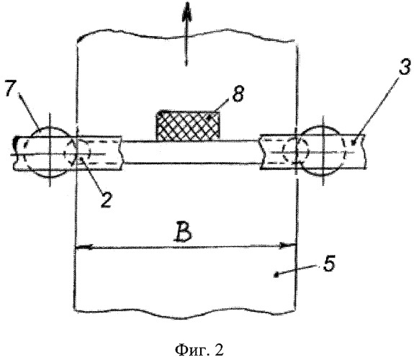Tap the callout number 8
[x=238, y=93]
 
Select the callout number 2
[x=106, y=199]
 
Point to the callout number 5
[x=329, y=263]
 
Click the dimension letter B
[x=182, y=233]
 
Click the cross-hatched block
[x=188, y=125]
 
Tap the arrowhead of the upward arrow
[x=186, y=13]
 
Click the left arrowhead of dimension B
[x=84, y=247]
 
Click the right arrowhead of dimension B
[x=287, y=246]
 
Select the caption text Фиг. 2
[x=199, y=349]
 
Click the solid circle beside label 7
[x=50, y=153]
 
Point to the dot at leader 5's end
[x=276, y=276]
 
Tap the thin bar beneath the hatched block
[x=191, y=152]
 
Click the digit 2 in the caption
[x=219, y=349]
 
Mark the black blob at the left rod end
[x=16, y=143]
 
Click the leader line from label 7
[x=30, y=111]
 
